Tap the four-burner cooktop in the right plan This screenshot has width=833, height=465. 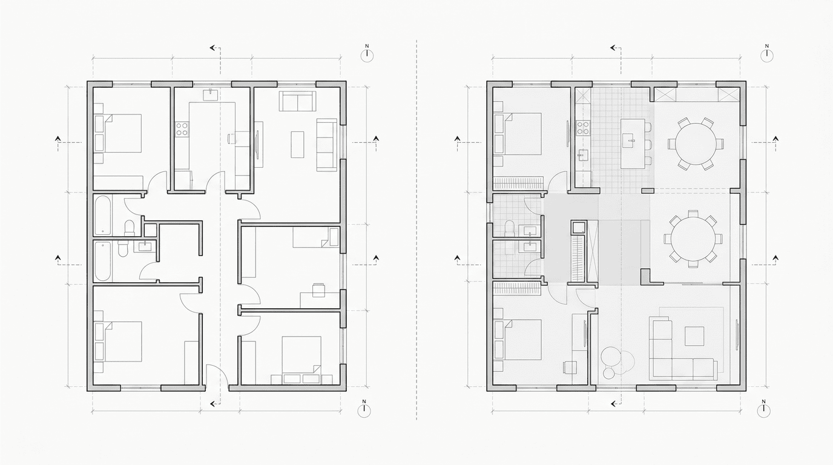coord(584,127)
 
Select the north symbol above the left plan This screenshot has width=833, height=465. coord(367,53)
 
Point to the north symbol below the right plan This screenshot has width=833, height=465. coord(764,409)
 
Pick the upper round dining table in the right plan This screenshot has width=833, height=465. coord(695,144)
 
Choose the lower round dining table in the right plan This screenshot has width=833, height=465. coord(693,239)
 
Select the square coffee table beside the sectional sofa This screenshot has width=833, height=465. coord(694,336)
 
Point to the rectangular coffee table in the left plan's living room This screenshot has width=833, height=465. coord(297,144)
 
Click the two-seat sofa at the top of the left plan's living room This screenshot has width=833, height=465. coord(297,101)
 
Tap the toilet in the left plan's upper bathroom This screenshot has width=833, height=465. coord(129,228)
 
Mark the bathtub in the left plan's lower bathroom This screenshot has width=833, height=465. coord(103,261)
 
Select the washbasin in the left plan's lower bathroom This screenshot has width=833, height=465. coord(145,246)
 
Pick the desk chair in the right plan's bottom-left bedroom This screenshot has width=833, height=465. coord(570,366)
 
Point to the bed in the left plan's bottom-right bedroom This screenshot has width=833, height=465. coord(301,360)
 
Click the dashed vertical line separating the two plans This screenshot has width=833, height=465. coord(416,229)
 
